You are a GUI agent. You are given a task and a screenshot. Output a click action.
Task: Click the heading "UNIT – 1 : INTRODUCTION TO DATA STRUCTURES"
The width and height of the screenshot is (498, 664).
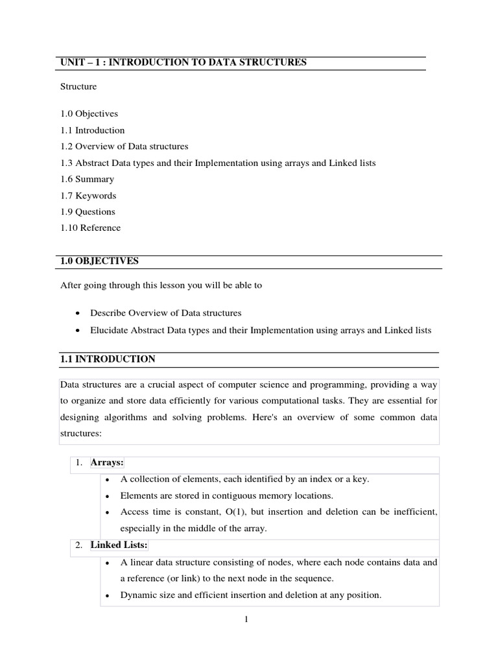pyautogui.click(x=183, y=63)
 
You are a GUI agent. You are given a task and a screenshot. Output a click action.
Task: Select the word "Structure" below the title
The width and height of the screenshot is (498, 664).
pyautogui.click(x=78, y=87)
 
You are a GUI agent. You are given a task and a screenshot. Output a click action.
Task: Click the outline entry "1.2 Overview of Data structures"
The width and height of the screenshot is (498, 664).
pyautogui.click(x=124, y=147)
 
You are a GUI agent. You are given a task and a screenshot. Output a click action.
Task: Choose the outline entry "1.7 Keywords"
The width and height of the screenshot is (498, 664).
pyautogui.click(x=88, y=195)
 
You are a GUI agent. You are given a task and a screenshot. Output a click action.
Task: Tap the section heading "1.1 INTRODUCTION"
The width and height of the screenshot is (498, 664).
pyautogui.click(x=107, y=359)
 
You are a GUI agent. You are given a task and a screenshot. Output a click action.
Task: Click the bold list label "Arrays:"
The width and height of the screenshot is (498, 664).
pyautogui.click(x=107, y=462)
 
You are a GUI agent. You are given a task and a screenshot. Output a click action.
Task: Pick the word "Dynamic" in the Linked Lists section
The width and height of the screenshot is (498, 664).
pyautogui.click(x=137, y=595)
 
